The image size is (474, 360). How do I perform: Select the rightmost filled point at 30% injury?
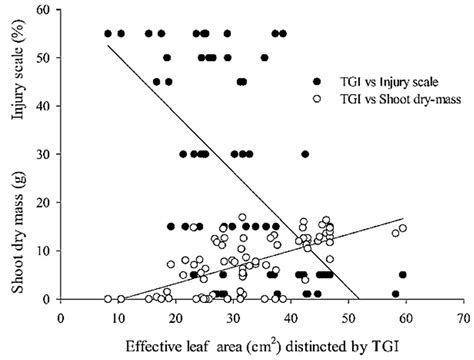tap(305, 154)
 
